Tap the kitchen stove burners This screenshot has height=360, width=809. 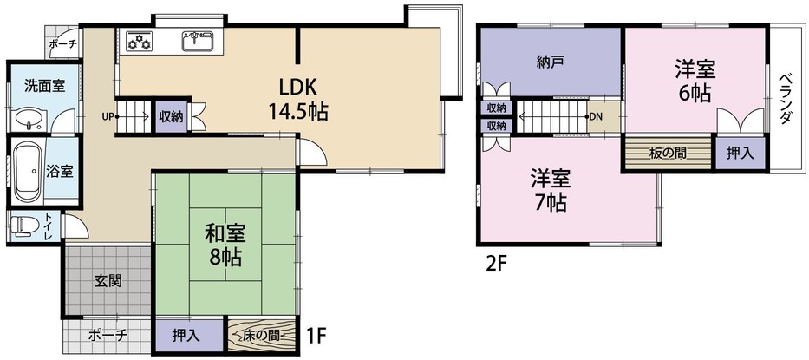click(139, 41)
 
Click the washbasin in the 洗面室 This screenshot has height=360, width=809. click(29, 120)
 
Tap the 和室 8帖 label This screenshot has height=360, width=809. click(225, 245)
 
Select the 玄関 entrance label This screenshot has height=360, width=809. click(108, 280)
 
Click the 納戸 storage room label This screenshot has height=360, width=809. click(550, 62)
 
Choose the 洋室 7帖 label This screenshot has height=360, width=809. click(550, 191)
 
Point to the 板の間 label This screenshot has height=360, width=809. click(668, 154)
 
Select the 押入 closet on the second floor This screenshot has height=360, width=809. click(740, 154)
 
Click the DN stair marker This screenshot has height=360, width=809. click(597, 116)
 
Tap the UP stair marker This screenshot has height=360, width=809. click(108, 116)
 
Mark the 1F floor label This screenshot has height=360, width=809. click(317, 332)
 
